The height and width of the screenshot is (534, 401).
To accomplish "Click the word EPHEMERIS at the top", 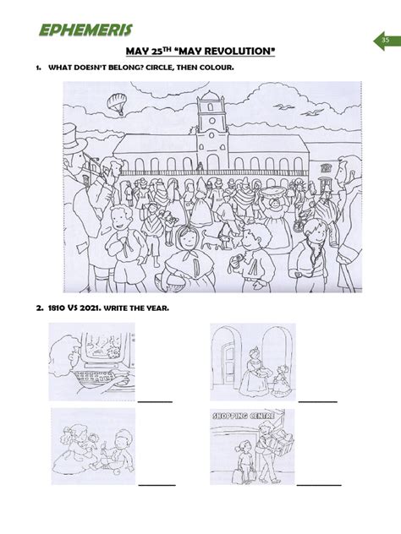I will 84,32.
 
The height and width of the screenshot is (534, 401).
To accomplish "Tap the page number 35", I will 384,40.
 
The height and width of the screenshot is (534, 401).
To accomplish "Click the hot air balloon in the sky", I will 116,103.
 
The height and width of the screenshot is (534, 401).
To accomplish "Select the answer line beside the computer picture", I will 155,400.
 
